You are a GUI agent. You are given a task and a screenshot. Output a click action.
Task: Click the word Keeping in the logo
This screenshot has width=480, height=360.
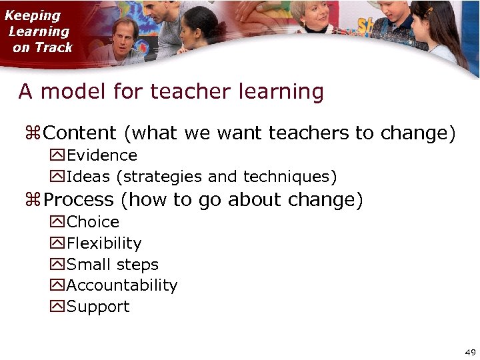[33, 15]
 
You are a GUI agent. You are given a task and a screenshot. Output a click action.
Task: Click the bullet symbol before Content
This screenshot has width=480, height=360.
[33, 134]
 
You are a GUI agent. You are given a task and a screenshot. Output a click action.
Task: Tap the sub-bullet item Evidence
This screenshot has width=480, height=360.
[102, 155]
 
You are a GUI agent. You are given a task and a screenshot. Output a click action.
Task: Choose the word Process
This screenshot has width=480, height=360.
[79, 200]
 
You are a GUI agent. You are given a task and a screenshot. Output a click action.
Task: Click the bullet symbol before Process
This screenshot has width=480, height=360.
[33, 201]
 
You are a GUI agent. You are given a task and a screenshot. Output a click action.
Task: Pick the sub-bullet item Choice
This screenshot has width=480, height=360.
[93, 222]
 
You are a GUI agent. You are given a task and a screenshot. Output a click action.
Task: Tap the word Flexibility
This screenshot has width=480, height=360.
[104, 243]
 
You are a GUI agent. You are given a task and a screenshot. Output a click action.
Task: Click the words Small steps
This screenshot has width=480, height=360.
[113, 265]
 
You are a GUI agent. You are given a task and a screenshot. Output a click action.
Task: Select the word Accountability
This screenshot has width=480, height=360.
[122, 285]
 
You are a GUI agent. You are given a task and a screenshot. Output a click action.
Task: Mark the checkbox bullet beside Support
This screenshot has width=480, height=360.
[57, 307]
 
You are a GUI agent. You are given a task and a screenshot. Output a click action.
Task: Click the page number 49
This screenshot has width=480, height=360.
[470, 352]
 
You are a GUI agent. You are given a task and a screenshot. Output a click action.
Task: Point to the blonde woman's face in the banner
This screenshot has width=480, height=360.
[322, 15]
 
